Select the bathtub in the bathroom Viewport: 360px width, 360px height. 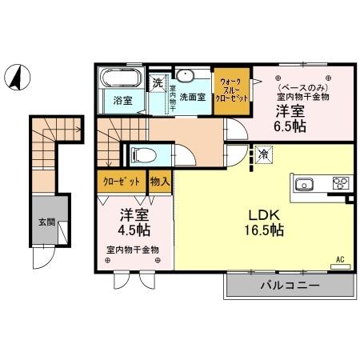[x=119, y=81]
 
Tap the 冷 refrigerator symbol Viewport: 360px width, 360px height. [x=262, y=153]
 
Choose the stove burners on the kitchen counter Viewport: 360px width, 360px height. [x=340, y=183]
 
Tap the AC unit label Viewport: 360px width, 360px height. [x=339, y=259]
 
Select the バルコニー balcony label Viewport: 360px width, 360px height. [x=289, y=285]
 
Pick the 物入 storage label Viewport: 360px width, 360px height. [x=160, y=182]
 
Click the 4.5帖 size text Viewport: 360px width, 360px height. [x=134, y=230]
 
